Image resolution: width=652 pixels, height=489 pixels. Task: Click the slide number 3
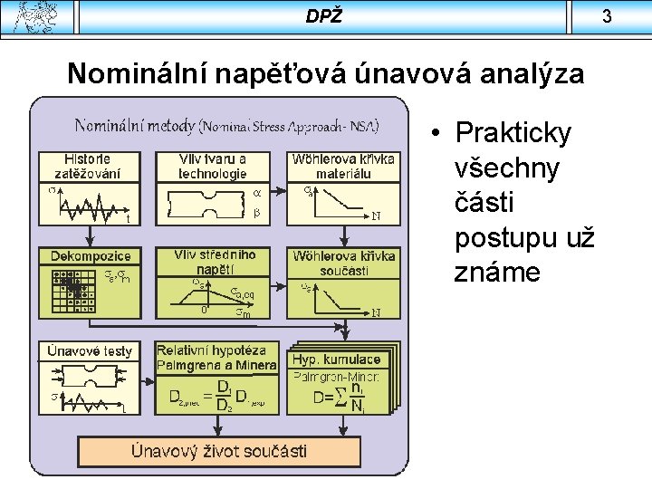632,16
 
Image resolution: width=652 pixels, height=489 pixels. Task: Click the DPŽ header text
323,16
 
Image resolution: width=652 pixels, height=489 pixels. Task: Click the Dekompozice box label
90,256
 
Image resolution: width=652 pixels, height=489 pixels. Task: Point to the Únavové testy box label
91,350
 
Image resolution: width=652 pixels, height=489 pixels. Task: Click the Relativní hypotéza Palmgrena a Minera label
216,357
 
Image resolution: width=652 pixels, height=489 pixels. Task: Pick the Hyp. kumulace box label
336,360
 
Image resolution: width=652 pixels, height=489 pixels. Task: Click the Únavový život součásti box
219,450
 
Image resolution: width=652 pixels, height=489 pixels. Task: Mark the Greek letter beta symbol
256,214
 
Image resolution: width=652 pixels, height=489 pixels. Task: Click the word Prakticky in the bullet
513,133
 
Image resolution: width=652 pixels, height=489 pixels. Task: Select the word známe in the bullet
493,273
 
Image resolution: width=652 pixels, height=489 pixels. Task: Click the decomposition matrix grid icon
73,291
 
